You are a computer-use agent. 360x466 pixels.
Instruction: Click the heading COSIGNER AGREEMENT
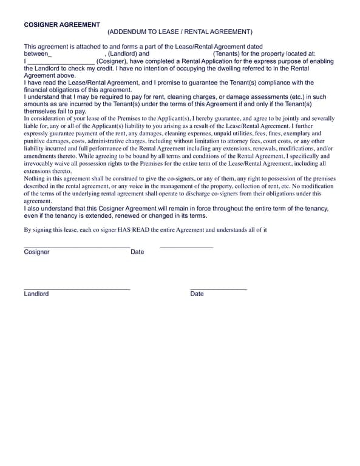(62, 25)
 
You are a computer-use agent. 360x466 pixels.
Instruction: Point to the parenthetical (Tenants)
(226, 54)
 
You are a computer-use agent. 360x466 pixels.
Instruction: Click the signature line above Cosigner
(77, 247)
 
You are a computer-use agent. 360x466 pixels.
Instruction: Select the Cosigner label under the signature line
(37, 252)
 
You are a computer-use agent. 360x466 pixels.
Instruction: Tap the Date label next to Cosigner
(137, 252)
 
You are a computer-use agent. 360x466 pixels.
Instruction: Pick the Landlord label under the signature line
(36, 294)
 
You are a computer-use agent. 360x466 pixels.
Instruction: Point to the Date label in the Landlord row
(197, 294)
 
